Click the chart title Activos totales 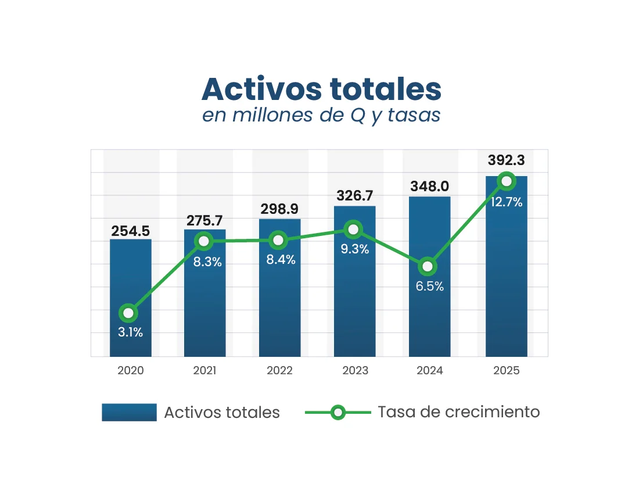[x=321, y=89]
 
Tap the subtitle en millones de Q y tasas [x=321, y=115]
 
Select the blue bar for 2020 [x=131, y=279]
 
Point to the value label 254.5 [x=131, y=231]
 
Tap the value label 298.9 [x=280, y=209]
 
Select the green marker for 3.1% [x=128, y=314]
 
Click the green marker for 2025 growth [x=507, y=181]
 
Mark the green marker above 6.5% [x=428, y=267]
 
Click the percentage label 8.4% [x=281, y=260]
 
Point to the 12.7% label [x=507, y=203]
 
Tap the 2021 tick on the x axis [x=205, y=371]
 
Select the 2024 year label [x=429, y=371]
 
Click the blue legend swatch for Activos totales [x=129, y=412]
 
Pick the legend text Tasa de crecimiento [x=458, y=412]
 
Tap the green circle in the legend [x=338, y=413]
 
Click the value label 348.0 [x=429, y=187]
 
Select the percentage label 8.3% [x=207, y=262]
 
